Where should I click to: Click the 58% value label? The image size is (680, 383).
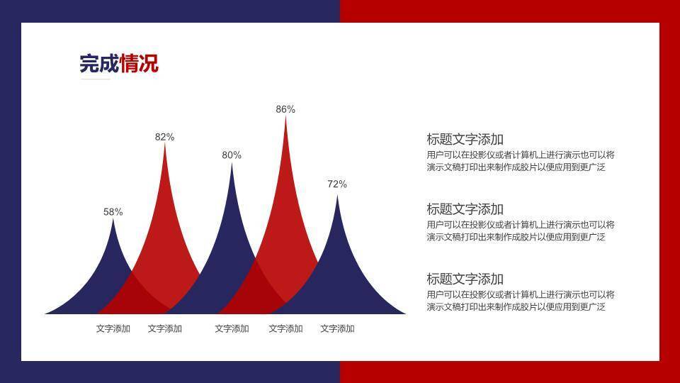pyautogui.click(x=113, y=212)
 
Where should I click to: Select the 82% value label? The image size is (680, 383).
pyautogui.click(x=164, y=137)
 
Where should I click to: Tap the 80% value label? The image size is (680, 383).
pyautogui.click(x=232, y=155)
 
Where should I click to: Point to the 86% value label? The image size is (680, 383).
pyautogui.click(x=285, y=109)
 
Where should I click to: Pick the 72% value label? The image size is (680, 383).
pyautogui.click(x=337, y=184)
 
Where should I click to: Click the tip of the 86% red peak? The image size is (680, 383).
pyautogui.click(x=285, y=116)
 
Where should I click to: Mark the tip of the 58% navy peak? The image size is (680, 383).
pyautogui.click(x=113, y=218)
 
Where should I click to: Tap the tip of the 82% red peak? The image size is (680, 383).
pyautogui.click(x=165, y=144)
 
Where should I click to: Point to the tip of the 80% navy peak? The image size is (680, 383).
pyautogui.click(x=232, y=163)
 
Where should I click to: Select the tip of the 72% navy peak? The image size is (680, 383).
pyautogui.click(x=337, y=195)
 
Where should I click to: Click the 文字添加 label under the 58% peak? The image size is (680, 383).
pyautogui.click(x=113, y=328)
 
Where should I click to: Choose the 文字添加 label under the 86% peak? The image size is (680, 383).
pyautogui.click(x=285, y=328)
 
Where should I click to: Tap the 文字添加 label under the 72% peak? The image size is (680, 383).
pyautogui.click(x=337, y=328)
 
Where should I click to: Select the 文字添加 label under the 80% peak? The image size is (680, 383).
pyautogui.click(x=232, y=328)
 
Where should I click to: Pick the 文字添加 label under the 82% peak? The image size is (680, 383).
pyautogui.click(x=165, y=328)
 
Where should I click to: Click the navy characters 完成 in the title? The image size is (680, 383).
pyautogui.click(x=99, y=63)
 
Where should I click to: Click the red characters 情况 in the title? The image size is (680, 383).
pyautogui.click(x=140, y=63)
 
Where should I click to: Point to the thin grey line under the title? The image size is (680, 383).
pyautogui.click(x=96, y=79)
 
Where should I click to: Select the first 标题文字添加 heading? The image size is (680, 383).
pyautogui.click(x=465, y=140)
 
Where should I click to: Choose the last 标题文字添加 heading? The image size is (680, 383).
pyautogui.click(x=465, y=279)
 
